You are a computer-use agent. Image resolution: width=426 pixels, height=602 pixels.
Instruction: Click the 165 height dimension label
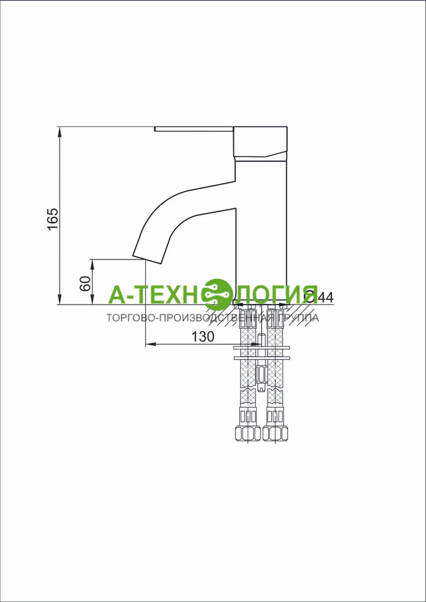click(x=52, y=219)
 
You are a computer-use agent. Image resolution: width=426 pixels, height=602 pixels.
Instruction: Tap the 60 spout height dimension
click(x=86, y=284)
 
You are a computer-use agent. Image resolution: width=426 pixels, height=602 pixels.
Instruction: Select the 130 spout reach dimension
click(x=202, y=337)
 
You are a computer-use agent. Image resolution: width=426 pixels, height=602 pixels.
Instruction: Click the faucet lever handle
click(x=194, y=129)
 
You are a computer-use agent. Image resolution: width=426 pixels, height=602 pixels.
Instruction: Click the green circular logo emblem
click(x=218, y=295)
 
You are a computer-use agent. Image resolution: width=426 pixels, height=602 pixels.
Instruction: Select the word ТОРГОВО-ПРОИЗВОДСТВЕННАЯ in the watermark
click(x=184, y=318)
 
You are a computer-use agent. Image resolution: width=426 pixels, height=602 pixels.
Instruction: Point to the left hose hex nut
click(x=248, y=433)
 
